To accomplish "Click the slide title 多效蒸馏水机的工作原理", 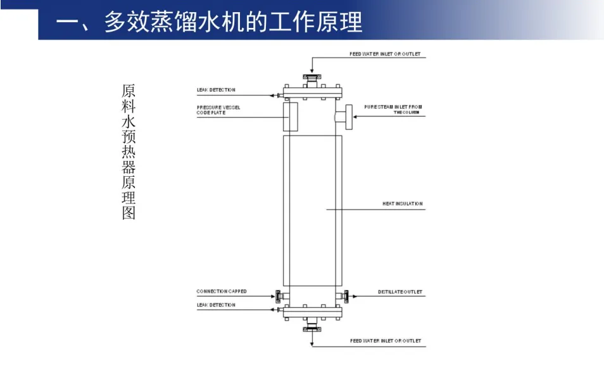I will tap(209, 22).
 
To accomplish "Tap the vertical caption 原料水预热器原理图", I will tap(129, 152).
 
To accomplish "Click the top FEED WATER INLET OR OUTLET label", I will tap(385, 54).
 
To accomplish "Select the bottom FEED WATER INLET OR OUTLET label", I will tap(385, 341).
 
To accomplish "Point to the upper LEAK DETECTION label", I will tap(216, 90).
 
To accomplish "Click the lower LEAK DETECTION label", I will tap(216, 305).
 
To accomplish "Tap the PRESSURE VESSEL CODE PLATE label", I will tap(218, 110).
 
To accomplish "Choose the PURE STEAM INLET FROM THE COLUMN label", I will tap(393, 109).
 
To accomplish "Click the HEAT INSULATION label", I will tap(402, 204).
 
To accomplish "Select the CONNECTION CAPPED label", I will tap(222, 291).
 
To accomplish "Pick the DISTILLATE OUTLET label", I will tap(400, 292).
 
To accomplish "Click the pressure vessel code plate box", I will tap(290, 115).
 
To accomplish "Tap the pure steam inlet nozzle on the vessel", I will tap(342, 117).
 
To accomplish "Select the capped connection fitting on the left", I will tap(278, 295).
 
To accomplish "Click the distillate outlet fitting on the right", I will tap(347, 295).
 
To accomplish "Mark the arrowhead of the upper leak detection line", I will tap(271, 96).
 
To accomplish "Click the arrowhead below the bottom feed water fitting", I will tap(311, 345).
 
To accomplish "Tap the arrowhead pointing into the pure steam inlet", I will tap(355, 117).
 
